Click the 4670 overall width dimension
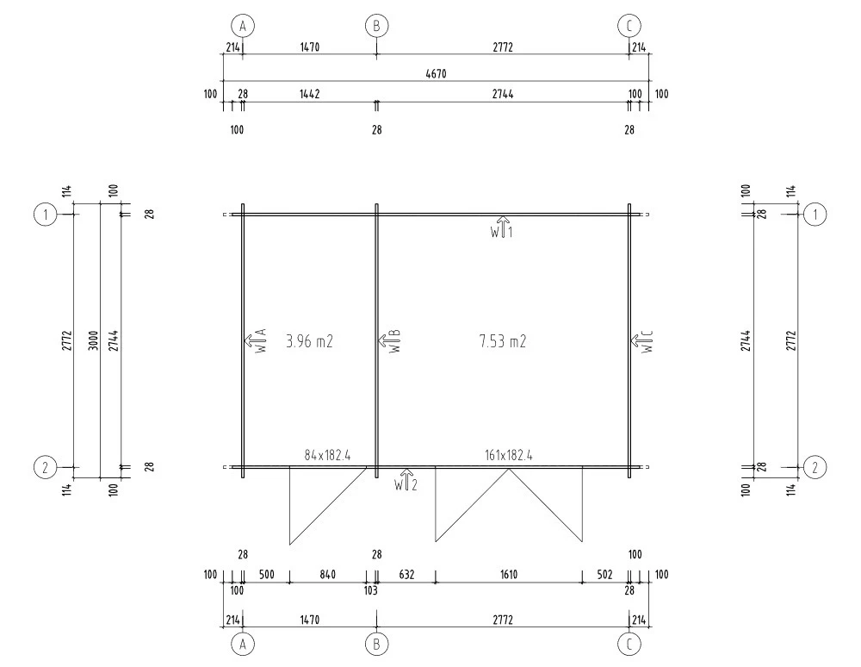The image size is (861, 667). tap(436, 73)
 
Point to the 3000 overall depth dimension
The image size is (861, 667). tap(93, 340)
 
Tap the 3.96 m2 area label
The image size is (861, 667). tap(309, 342)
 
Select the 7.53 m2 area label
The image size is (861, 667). tap(503, 342)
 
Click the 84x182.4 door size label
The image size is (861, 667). tap(327, 455)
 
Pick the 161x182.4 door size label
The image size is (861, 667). tap(509, 455)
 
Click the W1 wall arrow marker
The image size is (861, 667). tap(502, 227)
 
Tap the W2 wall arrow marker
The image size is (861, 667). tap(406, 480)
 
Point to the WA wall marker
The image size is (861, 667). tap(256, 340)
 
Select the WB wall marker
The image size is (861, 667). tap(389, 340)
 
